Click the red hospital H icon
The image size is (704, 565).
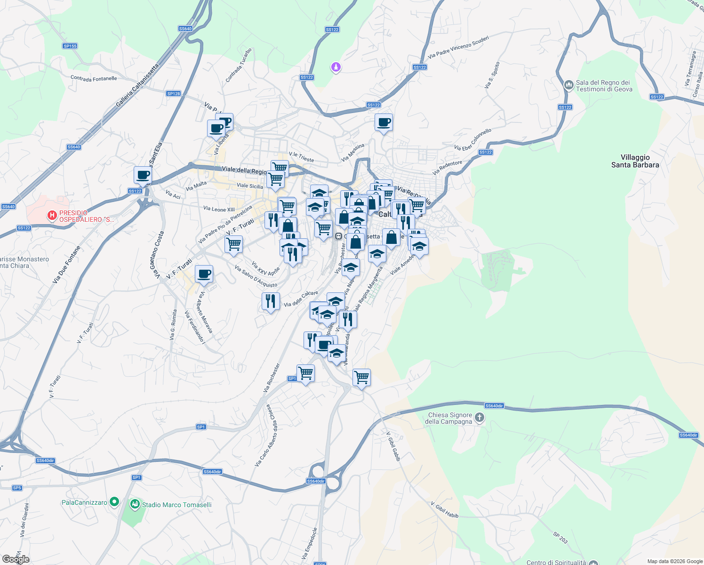(52, 216)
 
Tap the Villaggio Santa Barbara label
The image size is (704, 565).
(635, 161)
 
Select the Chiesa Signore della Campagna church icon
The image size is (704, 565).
(479, 418)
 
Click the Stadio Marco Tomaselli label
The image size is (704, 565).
(176, 505)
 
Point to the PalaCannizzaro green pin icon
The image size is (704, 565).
(114, 502)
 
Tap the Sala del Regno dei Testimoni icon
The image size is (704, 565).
(568, 85)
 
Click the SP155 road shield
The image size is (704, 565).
(70, 46)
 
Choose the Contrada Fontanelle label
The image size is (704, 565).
(94, 79)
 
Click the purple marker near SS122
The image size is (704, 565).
(335, 68)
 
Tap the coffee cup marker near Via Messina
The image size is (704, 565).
(384, 122)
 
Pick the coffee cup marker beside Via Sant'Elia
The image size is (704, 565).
(143, 175)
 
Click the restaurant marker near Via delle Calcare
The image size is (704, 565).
(271, 301)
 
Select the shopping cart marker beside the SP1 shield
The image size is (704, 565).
(305, 373)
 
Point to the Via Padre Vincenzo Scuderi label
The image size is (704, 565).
(458, 48)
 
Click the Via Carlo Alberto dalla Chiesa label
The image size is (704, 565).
(265, 436)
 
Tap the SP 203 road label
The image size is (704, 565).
(560, 537)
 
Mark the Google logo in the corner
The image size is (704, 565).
(16, 559)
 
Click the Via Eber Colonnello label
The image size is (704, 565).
(473, 139)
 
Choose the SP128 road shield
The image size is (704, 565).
(173, 94)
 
